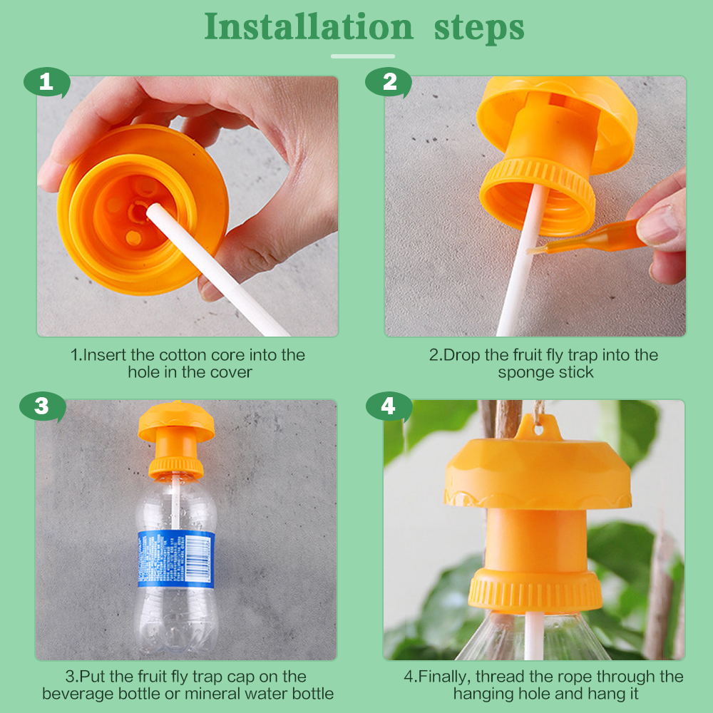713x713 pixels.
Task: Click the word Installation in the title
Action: point(309,26)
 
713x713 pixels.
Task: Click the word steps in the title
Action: point(479,29)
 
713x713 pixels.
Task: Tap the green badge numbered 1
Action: point(46,82)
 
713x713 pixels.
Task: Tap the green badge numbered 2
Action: point(389,82)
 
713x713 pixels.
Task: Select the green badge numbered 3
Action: point(42,406)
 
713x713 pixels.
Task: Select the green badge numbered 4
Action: point(389,406)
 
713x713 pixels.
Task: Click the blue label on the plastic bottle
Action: point(176,559)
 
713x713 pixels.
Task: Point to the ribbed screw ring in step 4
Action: point(535,590)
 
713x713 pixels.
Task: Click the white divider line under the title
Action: point(363,56)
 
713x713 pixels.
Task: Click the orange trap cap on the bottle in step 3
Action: point(176,440)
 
